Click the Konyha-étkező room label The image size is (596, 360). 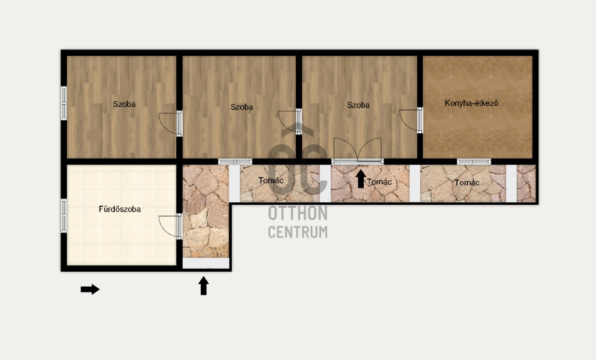471,103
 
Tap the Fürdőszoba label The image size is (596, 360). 120,209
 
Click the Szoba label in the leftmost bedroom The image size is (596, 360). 124,104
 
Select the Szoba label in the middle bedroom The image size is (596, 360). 242,107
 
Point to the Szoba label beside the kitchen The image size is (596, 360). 358,105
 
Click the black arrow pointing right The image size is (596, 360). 90,290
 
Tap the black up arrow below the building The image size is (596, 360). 204,286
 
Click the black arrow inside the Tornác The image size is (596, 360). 361,179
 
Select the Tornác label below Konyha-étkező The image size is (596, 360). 467,183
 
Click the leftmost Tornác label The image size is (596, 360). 271,180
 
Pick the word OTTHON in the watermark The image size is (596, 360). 297,213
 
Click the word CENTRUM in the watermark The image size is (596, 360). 297,232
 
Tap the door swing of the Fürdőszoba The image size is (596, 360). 168,226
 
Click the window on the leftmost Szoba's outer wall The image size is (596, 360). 64,104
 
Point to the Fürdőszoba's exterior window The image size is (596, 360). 64,216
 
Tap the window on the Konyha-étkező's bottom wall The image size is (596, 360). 474,162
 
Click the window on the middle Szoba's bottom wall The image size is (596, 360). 235,162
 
